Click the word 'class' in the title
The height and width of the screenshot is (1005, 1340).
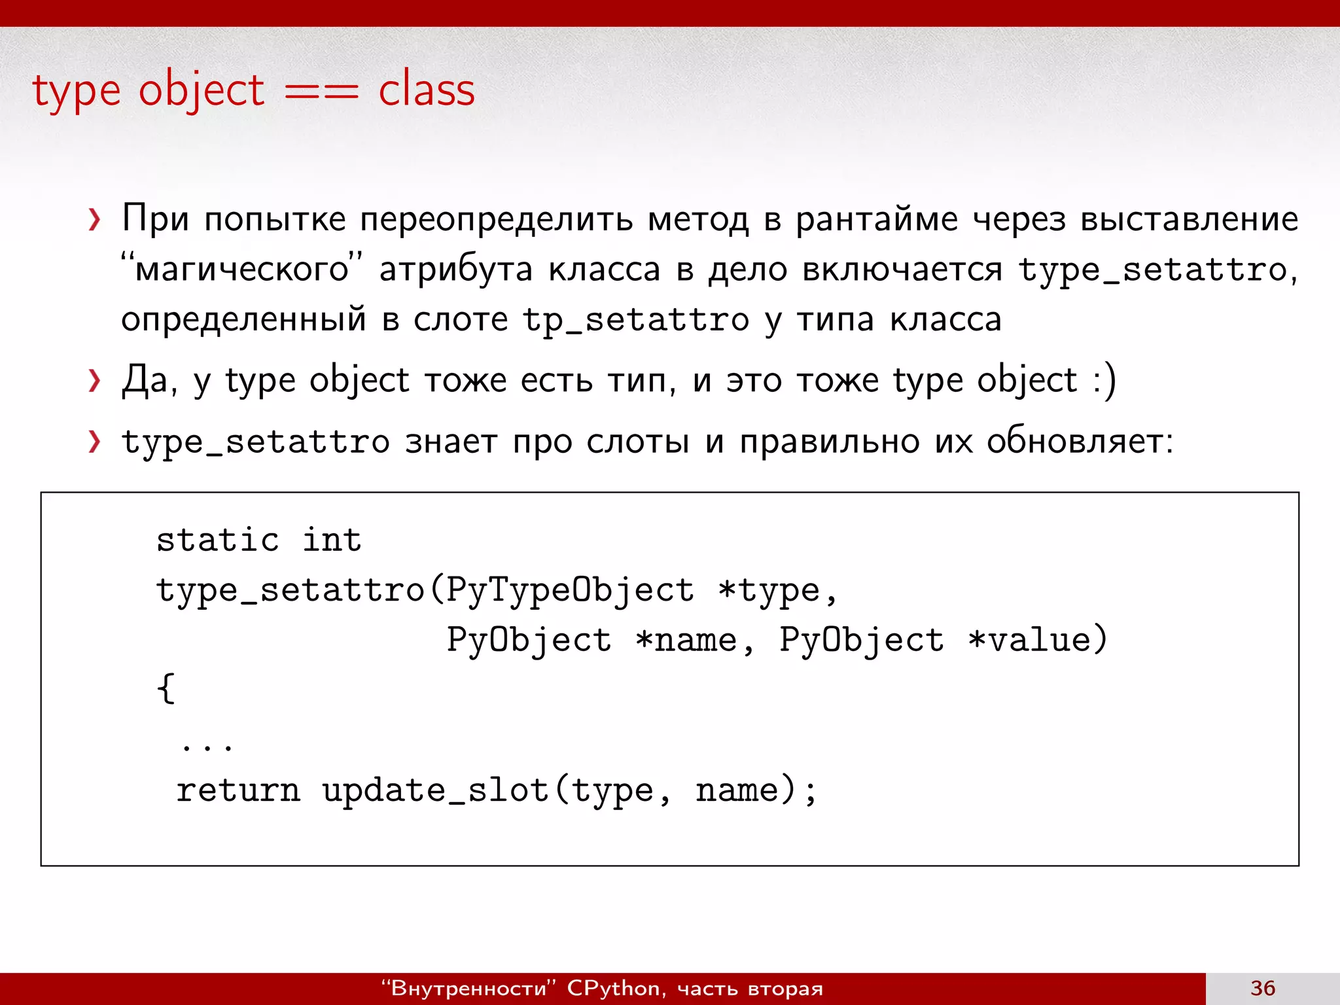tap(427, 90)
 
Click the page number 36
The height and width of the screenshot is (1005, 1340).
tap(1263, 988)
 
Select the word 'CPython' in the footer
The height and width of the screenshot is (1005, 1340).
tap(613, 988)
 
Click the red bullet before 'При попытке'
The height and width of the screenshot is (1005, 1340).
tap(95, 220)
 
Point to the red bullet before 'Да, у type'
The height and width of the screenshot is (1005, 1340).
tap(95, 381)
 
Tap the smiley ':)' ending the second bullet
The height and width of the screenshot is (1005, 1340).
tap(1104, 381)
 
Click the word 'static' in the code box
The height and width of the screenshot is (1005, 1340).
tap(218, 540)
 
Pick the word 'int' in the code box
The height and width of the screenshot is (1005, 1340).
tap(332, 540)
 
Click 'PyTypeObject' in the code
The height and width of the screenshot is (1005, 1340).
tap(570, 590)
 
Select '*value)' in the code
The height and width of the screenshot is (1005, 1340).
tap(1038, 640)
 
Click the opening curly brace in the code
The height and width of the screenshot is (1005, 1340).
tap(166, 688)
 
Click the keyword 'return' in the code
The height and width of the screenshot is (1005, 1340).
tap(238, 790)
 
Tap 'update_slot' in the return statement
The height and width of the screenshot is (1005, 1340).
tap(435, 790)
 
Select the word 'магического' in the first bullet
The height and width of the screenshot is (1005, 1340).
tap(242, 270)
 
